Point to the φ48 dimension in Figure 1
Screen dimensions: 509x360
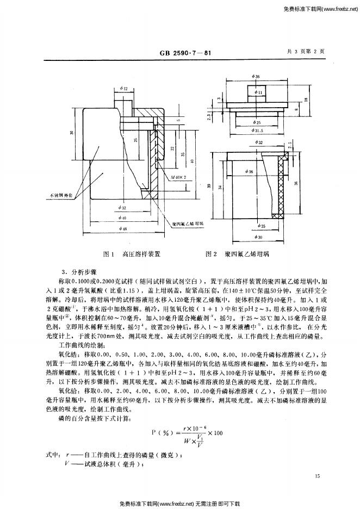pos(125,229)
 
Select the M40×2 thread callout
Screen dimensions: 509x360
pos(178,177)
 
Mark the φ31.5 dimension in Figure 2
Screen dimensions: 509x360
pos(259,131)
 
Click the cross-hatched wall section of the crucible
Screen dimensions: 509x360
pos(281,185)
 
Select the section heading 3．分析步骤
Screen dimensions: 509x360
pos(79,271)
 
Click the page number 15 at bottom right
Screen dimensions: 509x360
pos(318,476)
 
